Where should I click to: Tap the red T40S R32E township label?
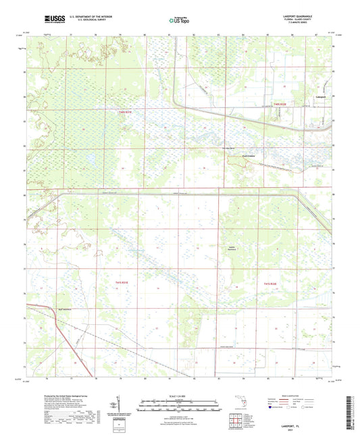[x=280, y=103]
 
